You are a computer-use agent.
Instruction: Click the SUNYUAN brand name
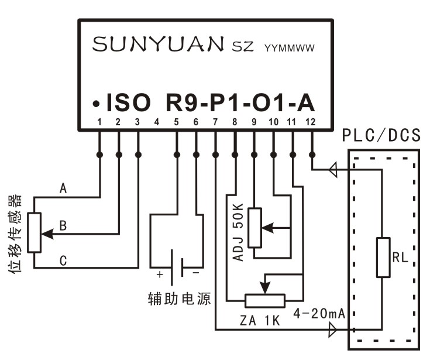tap(159, 45)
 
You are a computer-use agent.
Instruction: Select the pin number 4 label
tap(157, 122)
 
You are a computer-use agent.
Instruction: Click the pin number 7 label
tap(215, 122)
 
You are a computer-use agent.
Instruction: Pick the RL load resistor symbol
tap(383, 257)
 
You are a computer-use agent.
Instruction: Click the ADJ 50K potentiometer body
tap(254, 227)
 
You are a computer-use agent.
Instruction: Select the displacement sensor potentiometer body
tap(35, 232)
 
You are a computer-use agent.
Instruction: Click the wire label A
tap(64, 188)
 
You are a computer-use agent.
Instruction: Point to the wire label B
tap(64, 225)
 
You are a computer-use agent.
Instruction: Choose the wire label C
tap(64, 260)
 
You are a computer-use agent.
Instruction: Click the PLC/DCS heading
tap(381, 136)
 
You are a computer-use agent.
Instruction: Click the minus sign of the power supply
tap(195, 273)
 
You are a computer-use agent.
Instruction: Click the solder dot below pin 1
tap(99, 155)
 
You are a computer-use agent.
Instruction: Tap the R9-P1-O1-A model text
tap(240, 103)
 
